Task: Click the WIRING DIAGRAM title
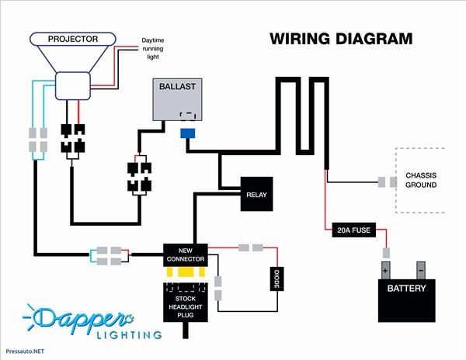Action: click(x=341, y=39)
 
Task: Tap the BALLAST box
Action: click(x=177, y=100)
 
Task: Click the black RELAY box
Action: click(x=256, y=194)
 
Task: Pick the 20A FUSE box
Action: click(x=351, y=229)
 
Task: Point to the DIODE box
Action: click(x=275, y=279)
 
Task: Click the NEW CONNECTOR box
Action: click(x=184, y=253)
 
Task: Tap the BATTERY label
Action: click(x=406, y=289)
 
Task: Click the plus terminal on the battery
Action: click(x=385, y=270)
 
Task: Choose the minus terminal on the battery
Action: click(x=420, y=270)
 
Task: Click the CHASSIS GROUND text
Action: click(x=420, y=180)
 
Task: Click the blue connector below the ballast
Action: click(x=187, y=133)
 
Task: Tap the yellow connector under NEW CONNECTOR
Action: click(x=184, y=273)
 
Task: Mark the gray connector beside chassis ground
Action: click(x=382, y=182)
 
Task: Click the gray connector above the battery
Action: click(x=385, y=253)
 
